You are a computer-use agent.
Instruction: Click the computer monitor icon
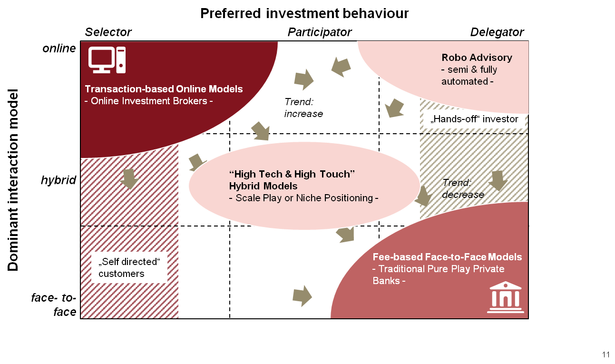(107, 60)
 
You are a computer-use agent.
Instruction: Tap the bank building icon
(505, 297)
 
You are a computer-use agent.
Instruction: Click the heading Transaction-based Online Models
(164, 89)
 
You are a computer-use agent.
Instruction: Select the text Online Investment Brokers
(148, 101)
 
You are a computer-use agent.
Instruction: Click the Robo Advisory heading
(477, 58)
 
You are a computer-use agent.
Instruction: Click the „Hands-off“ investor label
(474, 119)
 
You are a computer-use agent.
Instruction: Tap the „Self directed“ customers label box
(129, 267)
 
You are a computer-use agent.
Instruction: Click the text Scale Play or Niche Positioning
(303, 198)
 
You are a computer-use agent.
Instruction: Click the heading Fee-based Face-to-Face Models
(447, 257)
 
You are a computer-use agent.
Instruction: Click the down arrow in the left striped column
(129, 178)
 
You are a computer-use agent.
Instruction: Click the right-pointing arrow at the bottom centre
(302, 296)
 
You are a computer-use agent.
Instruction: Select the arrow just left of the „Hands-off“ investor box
(394, 108)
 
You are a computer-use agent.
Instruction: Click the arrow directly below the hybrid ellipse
(345, 234)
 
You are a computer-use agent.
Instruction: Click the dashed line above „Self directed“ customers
(129, 226)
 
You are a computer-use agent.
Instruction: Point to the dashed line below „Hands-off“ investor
(474, 134)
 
